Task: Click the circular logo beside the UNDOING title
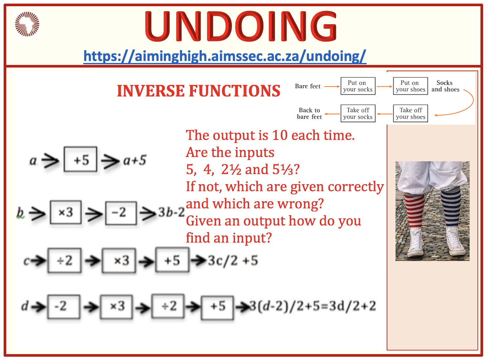point(27,24)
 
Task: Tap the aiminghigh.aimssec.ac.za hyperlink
point(225,56)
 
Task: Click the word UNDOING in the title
point(240,26)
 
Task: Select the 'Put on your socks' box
point(358,86)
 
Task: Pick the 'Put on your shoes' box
point(410,86)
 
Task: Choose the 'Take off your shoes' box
point(410,113)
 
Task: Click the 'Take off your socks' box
point(358,113)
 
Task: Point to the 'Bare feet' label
point(308,86)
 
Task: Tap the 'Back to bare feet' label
point(309,113)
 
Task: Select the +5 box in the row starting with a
point(80,159)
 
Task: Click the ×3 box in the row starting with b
point(66,212)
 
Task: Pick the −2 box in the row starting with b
point(121,213)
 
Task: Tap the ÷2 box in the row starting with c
point(64,261)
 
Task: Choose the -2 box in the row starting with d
point(64,307)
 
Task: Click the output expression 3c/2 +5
point(233,260)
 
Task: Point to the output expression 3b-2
point(172,212)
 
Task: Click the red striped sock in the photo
point(414,211)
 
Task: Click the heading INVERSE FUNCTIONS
point(198,91)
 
